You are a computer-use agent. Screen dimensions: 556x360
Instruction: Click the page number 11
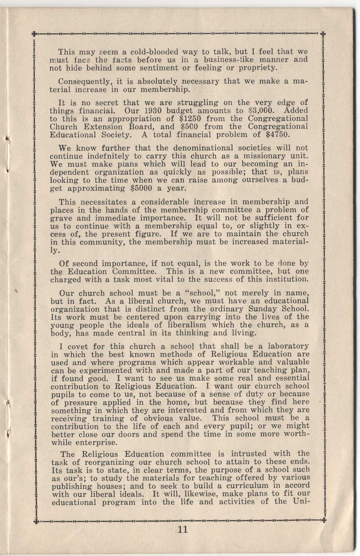pos(182,529)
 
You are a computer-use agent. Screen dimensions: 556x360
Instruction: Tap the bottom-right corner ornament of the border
pos(323,520)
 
